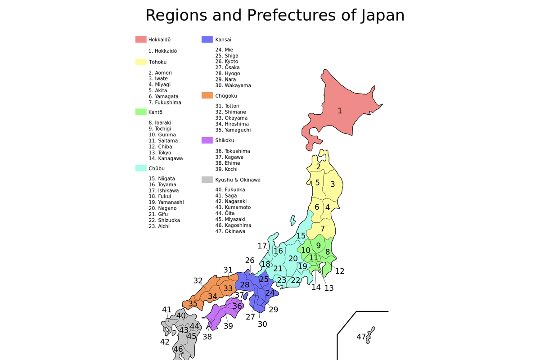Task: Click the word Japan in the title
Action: [382, 15]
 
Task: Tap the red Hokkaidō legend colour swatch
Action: [141, 40]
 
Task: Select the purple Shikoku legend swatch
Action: [207, 140]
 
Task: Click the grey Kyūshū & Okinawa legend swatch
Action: [207, 180]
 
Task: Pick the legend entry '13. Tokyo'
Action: [160, 153]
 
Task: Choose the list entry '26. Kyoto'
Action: [226, 62]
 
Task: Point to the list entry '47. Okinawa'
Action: [230, 231]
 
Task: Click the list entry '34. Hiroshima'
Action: [232, 124]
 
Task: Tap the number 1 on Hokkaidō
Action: [340, 111]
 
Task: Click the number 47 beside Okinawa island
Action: [361, 337]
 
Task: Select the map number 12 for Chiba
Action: [340, 271]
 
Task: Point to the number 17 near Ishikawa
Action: [262, 246]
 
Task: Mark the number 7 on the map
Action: [323, 229]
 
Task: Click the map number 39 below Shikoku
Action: [228, 326]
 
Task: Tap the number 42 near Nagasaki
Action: [165, 342]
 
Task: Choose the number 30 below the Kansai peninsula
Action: [262, 324]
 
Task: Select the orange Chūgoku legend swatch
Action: [207, 95]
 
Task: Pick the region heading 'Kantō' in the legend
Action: [155, 112]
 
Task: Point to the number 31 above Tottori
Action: [228, 270]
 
